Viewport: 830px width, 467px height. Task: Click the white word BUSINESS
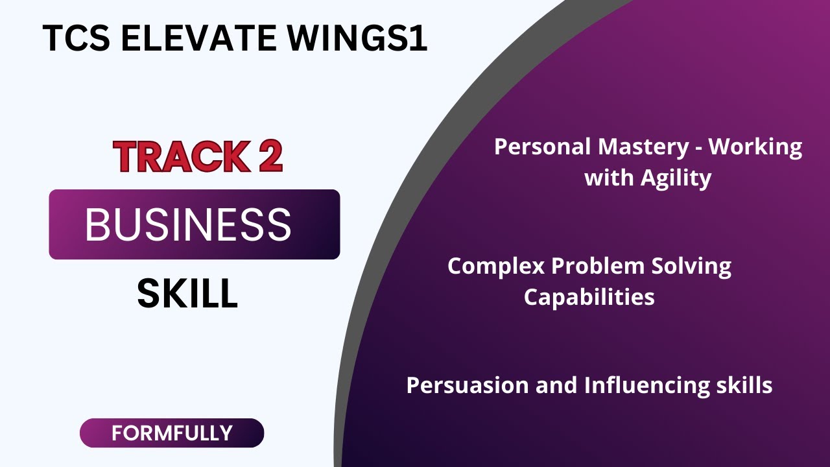(188, 225)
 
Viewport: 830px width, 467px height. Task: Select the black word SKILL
(187, 294)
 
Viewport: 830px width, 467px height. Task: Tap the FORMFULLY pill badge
(172, 433)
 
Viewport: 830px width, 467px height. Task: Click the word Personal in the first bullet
(543, 147)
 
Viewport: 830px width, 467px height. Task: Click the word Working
(755, 148)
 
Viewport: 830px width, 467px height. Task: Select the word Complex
(496, 266)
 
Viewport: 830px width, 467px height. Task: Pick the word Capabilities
(589, 297)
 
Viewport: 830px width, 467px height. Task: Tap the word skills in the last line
(744, 385)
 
